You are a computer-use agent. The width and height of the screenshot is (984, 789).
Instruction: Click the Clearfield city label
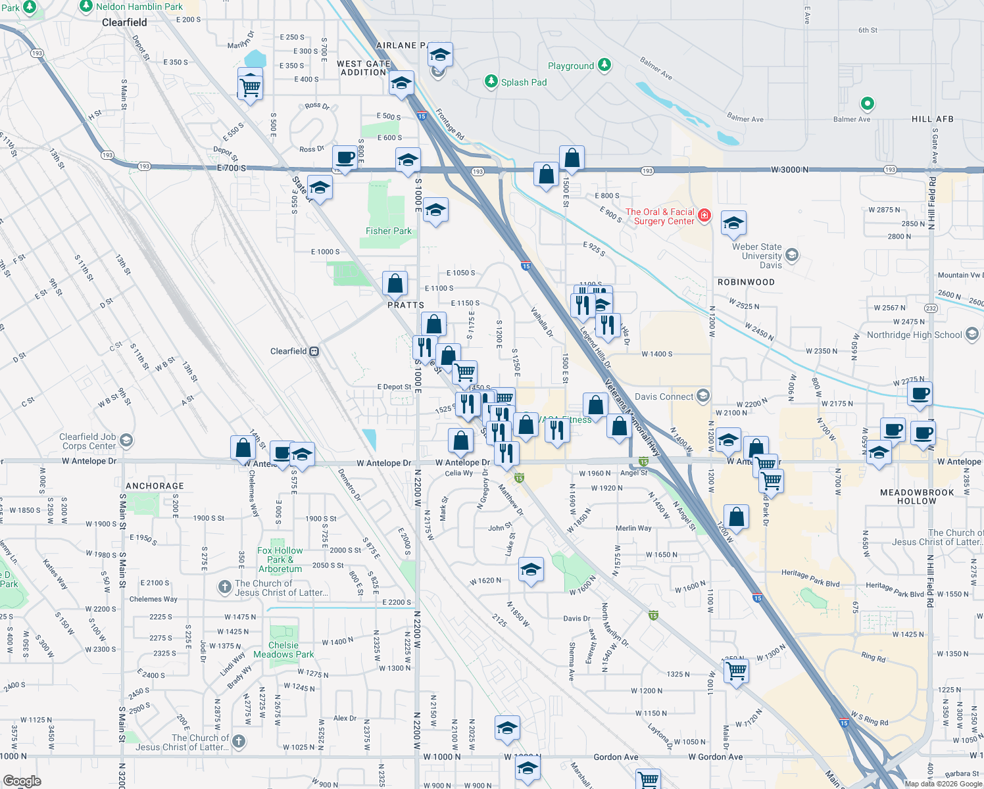tap(124, 22)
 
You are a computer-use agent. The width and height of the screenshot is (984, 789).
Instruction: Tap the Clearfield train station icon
tap(314, 351)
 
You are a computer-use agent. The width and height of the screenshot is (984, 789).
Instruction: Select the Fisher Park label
tap(388, 231)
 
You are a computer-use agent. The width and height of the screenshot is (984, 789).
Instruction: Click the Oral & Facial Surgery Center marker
tap(704, 215)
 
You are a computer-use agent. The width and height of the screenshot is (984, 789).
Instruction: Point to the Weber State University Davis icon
tap(792, 254)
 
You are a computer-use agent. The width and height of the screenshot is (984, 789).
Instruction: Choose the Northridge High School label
tap(914, 335)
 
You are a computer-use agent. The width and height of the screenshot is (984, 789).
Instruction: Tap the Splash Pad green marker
tap(491, 82)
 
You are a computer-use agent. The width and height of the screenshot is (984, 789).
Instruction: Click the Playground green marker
tap(604, 65)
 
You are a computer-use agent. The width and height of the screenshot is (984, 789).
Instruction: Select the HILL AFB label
tap(932, 119)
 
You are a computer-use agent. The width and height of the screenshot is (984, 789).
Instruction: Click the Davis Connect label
tap(664, 396)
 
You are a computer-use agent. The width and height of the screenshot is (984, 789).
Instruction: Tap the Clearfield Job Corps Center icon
tap(126, 440)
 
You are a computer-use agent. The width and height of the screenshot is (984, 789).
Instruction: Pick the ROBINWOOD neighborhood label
tap(746, 282)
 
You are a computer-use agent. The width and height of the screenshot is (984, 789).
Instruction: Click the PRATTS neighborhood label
tap(405, 305)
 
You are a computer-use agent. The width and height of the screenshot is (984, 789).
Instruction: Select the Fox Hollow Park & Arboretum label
tap(280, 560)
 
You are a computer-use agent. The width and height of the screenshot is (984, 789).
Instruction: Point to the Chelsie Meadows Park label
tap(283, 650)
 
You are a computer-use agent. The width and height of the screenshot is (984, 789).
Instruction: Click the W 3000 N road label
tap(789, 170)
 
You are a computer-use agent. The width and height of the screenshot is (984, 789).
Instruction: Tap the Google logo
tap(22, 781)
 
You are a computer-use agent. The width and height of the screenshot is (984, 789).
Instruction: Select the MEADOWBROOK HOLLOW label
tap(917, 496)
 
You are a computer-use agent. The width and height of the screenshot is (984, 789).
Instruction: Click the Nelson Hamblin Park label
tap(139, 7)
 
